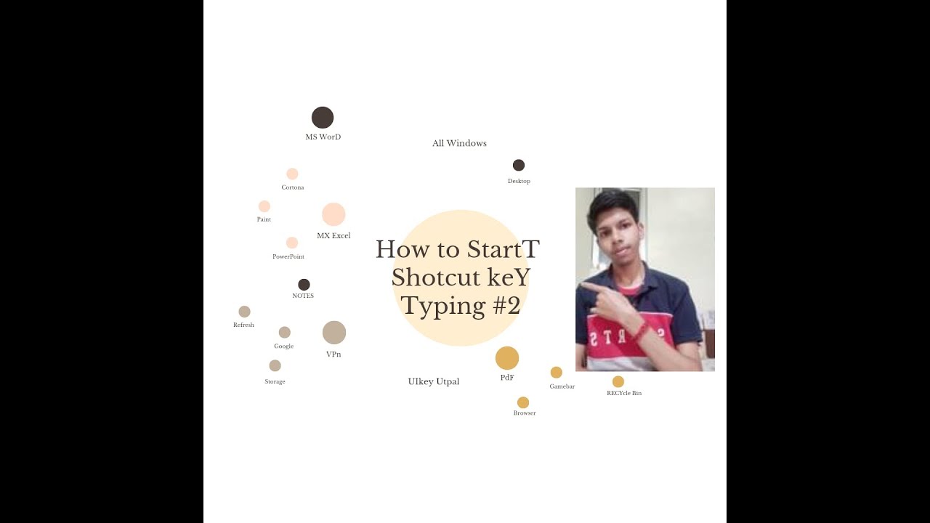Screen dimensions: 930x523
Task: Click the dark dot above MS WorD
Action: pyautogui.click(x=323, y=118)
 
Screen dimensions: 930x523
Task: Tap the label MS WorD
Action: pyautogui.click(x=323, y=137)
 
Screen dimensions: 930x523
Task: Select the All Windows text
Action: pyautogui.click(x=459, y=143)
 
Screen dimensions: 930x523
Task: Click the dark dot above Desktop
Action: pyautogui.click(x=519, y=165)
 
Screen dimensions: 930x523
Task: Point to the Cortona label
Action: pyautogui.click(x=293, y=187)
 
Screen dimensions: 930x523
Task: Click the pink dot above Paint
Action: pyautogui.click(x=264, y=206)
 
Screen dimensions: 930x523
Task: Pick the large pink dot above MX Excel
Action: pyautogui.click(x=333, y=214)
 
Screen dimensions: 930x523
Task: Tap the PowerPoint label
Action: pyautogui.click(x=288, y=256)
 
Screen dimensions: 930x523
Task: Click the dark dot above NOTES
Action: pyautogui.click(x=304, y=285)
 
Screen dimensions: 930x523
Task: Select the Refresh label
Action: pyautogui.click(x=243, y=325)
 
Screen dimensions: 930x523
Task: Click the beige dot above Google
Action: pyautogui.click(x=284, y=333)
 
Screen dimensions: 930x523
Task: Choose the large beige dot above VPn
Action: pyautogui.click(x=334, y=333)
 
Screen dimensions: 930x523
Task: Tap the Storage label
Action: pyautogui.click(x=275, y=382)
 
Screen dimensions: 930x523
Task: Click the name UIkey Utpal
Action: pyautogui.click(x=434, y=382)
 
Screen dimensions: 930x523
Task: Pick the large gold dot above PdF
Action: pyautogui.click(x=507, y=358)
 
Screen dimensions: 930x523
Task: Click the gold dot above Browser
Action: pyautogui.click(x=523, y=402)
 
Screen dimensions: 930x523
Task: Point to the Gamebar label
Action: pyautogui.click(x=562, y=386)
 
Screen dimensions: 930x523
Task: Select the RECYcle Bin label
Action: pyautogui.click(x=624, y=393)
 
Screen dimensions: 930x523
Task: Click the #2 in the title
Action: pyautogui.click(x=506, y=307)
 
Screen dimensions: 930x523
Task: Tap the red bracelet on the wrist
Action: pyautogui.click(x=642, y=331)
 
